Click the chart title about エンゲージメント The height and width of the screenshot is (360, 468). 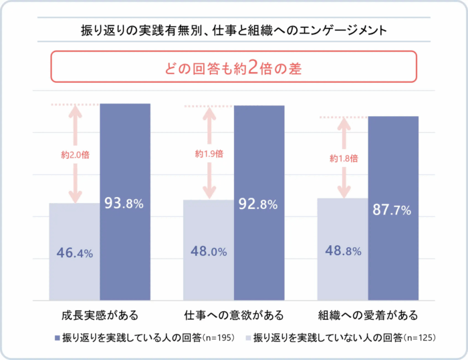pos(233,31)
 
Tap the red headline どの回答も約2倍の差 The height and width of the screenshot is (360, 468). pos(233,67)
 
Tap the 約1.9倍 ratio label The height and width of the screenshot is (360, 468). pos(209,154)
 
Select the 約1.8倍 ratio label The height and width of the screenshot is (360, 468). pos(344,159)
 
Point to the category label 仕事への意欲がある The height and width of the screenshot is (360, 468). pos(233,314)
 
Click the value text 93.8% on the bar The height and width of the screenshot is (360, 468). pos(124,204)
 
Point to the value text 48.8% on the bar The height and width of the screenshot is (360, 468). pos(342,251)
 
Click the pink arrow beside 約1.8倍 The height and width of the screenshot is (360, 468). pos(344,180)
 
